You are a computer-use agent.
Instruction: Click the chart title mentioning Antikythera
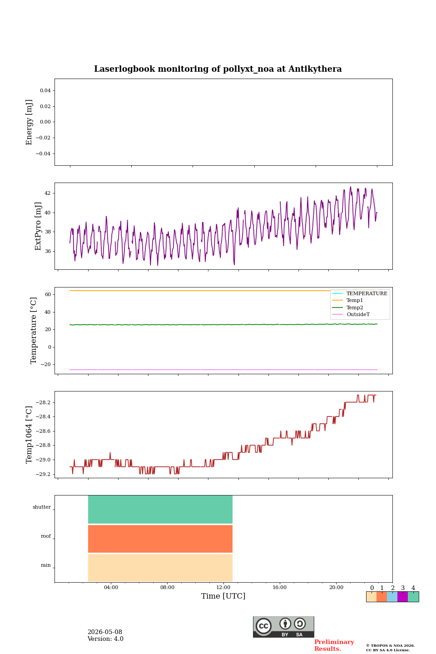click(x=218, y=69)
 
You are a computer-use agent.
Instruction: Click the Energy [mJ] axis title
click(x=29, y=122)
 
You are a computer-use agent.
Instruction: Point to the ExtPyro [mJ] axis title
click(x=38, y=226)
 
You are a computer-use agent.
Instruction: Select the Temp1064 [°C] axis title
click(x=29, y=435)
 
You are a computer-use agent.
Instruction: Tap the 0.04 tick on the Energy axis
click(x=45, y=90)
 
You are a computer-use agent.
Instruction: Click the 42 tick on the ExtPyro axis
click(x=47, y=193)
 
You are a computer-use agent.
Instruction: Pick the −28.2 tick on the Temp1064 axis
click(x=43, y=402)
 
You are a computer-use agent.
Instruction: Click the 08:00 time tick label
click(x=167, y=587)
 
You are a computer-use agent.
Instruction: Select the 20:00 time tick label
click(x=337, y=587)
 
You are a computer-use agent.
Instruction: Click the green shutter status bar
click(x=160, y=510)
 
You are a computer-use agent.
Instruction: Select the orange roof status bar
click(x=160, y=539)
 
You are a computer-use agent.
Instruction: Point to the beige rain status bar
click(x=160, y=568)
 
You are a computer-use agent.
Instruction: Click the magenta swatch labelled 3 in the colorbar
click(x=403, y=597)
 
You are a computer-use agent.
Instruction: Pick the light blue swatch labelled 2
click(x=392, y=597)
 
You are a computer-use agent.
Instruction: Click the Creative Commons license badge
click(x=283, y=627)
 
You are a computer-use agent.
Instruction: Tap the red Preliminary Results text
click(x=334, y=645)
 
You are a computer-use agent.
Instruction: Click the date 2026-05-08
click(x=105, y=632)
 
